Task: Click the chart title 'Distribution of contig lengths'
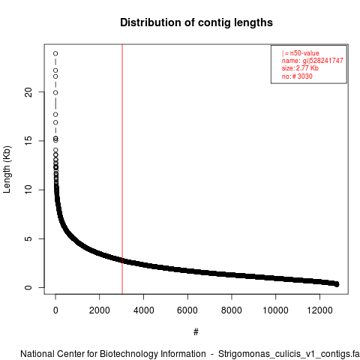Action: point(196,22)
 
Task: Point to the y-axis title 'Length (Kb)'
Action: point(7,169)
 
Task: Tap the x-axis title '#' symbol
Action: point(196,331)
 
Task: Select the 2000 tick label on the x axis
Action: point(100,310)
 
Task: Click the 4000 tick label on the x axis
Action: point(143,310)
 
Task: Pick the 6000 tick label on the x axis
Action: point(187,310)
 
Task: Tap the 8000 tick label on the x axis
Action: point(232,310)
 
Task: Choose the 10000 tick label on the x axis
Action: point(275,310)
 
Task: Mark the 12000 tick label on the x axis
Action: point(319,310)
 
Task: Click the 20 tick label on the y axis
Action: point(28,92)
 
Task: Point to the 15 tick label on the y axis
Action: point(28,141)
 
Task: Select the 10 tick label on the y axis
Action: point(28,190)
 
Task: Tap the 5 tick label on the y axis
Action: point(28,238)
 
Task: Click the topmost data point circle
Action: point(55,53)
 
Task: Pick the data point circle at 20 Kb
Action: point(55,93)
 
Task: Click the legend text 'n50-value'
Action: point(304,53)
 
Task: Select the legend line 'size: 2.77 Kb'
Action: point(300,68)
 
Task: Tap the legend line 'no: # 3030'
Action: point(297,76)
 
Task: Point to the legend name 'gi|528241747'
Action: point(323,61)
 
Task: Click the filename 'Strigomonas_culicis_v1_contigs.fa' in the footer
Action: point(289,354)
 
